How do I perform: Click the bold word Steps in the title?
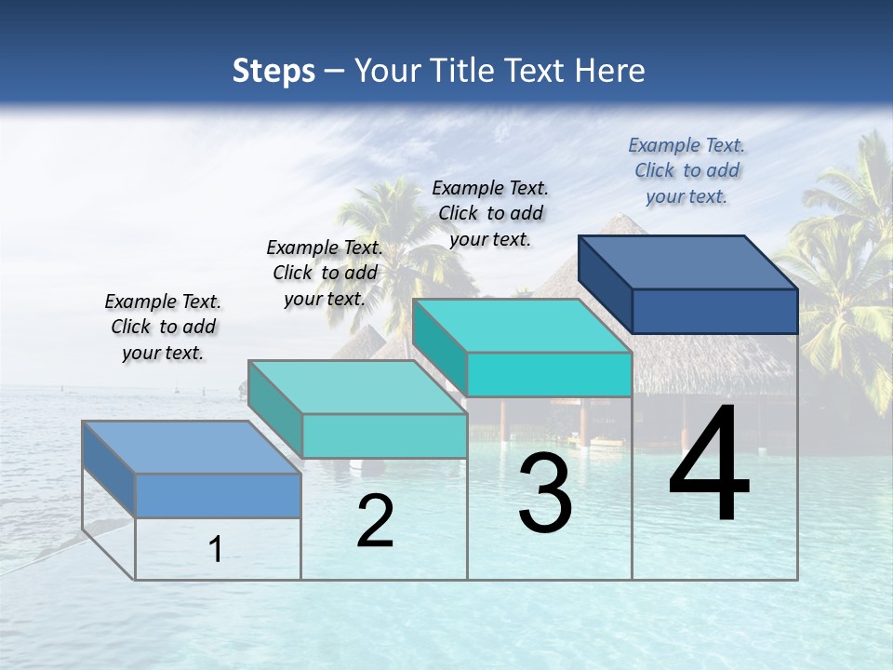[273, 71]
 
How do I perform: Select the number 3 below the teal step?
[545, 493]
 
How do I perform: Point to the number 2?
[375, 521]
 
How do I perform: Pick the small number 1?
[216, 550]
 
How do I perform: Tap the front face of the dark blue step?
[714, 311]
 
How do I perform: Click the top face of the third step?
[522, 326]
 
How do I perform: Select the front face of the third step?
[549, 375]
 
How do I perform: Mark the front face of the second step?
[384, 435]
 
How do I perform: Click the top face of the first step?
[192, 448]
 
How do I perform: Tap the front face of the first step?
[218, 495]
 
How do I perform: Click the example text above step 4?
[686, 171]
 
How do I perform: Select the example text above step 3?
[490, 213]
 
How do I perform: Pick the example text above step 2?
[325, 273]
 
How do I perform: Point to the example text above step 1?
[163, 327]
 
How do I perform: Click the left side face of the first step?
[109, 469]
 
